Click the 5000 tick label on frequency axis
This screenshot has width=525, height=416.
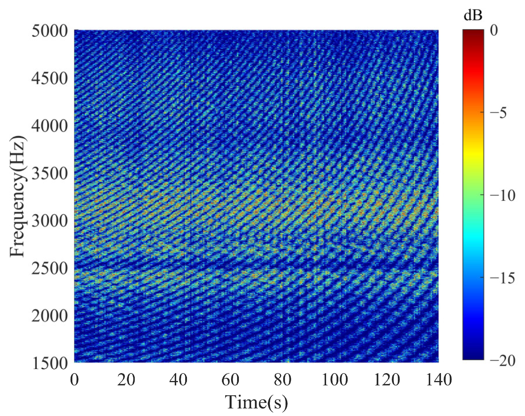tap(49, 31)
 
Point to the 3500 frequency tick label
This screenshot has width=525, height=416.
tap(49, 173)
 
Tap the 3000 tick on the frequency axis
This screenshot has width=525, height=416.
tap(49, 221)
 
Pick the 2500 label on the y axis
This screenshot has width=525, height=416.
tap(49, 268)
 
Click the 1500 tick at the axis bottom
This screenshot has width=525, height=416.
tap(49, 363)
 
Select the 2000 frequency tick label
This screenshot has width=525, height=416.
tap(49, 316)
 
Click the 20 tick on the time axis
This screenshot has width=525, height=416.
tap(126, 380)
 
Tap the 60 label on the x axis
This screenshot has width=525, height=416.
tap(230, 380)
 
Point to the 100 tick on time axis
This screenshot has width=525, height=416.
tap(335, 380)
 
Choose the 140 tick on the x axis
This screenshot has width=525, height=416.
tap(439, 380)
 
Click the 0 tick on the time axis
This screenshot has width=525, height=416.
tap(74, 380)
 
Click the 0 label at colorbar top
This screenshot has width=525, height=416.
tap(494, 30)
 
